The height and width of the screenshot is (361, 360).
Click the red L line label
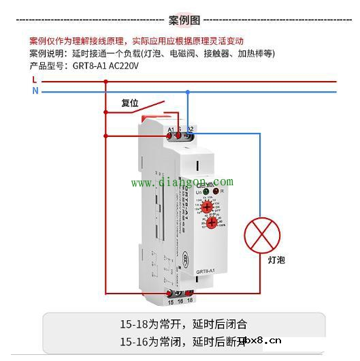(x=34, y=80)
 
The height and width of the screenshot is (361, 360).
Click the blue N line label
(x=34, y=91)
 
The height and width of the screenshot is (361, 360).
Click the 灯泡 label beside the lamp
(x=276, y=260)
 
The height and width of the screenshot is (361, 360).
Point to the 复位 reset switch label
(x=130, y=104)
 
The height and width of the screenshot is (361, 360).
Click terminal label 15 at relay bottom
(x=170, y=301)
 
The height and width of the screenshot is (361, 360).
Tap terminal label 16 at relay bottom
(x=180, y=301)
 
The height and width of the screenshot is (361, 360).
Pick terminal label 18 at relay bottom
(x=190, y=301)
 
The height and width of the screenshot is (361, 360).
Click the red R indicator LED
(x=216, y=193)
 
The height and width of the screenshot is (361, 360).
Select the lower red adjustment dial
(x=211, y=223)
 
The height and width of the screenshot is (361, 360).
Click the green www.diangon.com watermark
(x=182, y=183)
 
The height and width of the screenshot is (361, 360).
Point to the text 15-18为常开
(x=147, y=324)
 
